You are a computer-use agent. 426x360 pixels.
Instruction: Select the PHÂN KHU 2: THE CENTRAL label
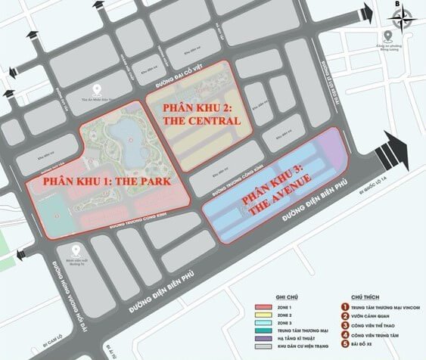pos(203,114)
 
